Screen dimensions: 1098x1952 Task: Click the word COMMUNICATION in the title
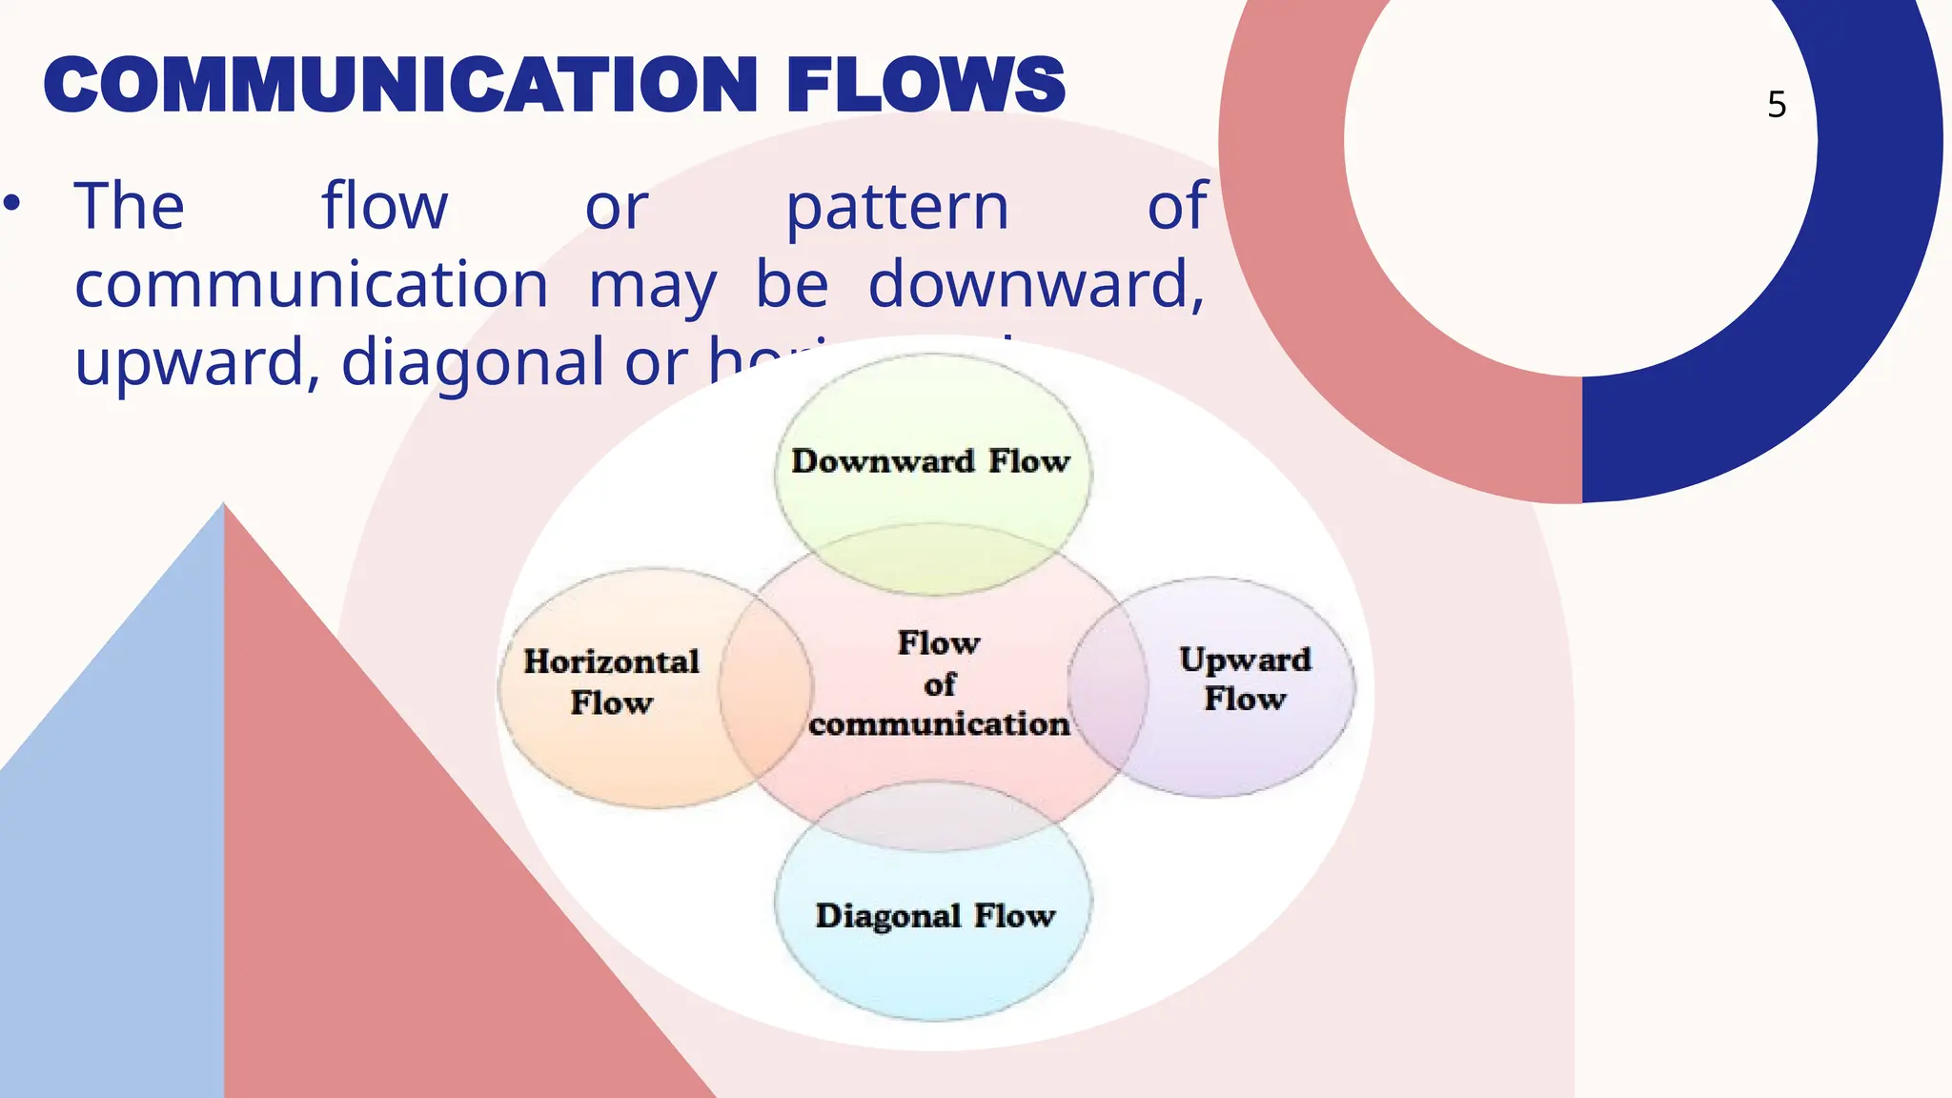click(x=400, y=86)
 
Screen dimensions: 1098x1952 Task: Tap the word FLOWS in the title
click(x=925, y=86)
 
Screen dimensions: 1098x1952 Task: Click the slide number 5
click(x=1777, y=105)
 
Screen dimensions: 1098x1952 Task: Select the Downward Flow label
click(x=931, y=461)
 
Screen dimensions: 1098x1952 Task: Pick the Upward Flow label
click(x=1245, y=679)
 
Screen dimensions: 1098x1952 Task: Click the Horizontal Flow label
click(x=611, y=681)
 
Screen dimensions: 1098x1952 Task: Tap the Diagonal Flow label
click(x=935, y=916)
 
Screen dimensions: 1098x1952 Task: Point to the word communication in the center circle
click(x=939, y=724)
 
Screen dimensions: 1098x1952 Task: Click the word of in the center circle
click(x=939, y=684)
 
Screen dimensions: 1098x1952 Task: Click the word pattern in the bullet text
click(x=896, y=207)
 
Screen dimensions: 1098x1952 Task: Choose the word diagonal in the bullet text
click(x=473, y=362)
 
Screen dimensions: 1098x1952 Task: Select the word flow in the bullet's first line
click(x=384, y=207)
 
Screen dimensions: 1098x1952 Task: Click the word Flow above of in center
click(x=939, y=643)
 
